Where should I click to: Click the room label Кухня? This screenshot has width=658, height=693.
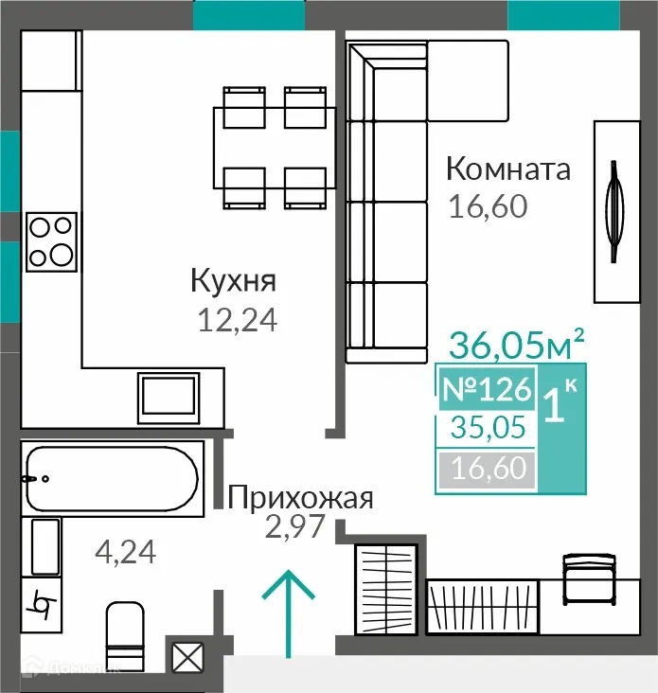(233, 281)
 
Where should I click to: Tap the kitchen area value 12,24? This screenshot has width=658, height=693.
(237, 322)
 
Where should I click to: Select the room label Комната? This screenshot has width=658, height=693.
(508, 169)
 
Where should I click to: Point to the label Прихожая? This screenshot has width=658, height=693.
(301, 497)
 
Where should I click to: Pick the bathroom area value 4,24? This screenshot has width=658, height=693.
(127, 550)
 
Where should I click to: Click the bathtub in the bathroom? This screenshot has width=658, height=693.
(112, 480)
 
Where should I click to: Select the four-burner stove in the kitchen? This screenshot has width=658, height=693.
(50, 240)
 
